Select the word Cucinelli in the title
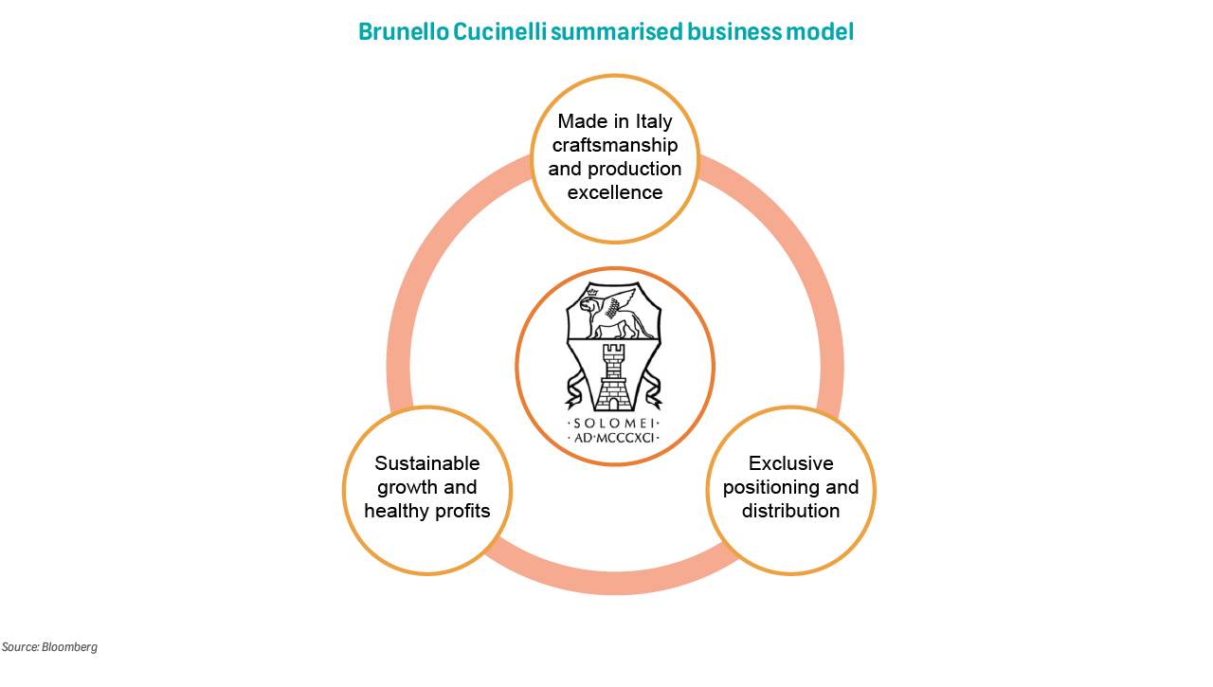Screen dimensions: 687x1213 pos(498,32)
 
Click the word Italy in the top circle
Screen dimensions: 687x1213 pos(651,121)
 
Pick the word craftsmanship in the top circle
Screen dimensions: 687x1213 pos(615,145)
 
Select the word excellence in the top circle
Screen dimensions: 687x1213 pos(615,192)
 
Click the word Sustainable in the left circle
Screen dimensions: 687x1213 pos(427,463)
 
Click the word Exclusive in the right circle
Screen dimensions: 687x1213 pos(791,463)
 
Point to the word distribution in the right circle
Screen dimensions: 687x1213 pos(791,512)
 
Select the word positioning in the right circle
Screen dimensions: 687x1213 pos(771,487)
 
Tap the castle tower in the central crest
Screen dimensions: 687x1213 pos(615,377)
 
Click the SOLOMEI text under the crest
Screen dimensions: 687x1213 pos(615,423)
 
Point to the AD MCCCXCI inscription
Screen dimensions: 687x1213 pos(615,439)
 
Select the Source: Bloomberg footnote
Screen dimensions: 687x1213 pos(49,647)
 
